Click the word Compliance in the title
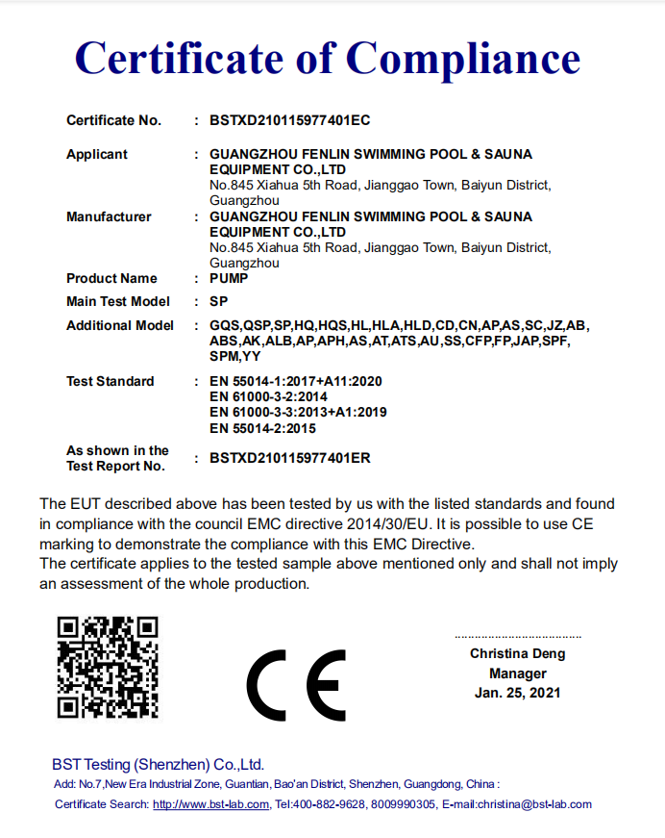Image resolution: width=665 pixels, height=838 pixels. pos(463,59)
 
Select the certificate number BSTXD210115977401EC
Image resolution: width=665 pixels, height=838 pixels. pos(289,121)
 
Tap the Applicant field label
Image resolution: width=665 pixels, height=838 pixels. pos(96,155)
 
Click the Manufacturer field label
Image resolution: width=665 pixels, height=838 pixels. pos(109,217)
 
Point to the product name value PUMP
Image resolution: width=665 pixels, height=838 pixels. pos(229,279)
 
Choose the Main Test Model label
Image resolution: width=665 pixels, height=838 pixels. pos(117,302)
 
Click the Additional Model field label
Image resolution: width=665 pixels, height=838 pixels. pos(120,326)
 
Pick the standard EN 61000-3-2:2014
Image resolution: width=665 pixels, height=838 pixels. pos(268,397)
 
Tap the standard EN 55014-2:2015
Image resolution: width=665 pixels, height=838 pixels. pos(262,429)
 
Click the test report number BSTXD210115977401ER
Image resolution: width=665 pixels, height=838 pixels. pos(289,459)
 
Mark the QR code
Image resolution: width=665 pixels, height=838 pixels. pos(108,668)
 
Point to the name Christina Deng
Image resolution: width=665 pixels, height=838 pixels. pos(517,654)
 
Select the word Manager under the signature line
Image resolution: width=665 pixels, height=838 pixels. pos(517,673)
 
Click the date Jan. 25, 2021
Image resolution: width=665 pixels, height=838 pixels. pos(517,693)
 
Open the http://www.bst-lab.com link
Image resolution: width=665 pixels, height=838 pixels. pos(210,804)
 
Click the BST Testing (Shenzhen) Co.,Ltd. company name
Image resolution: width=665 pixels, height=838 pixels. pos(158,765)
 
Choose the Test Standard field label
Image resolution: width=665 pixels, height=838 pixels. pos(110,382)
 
